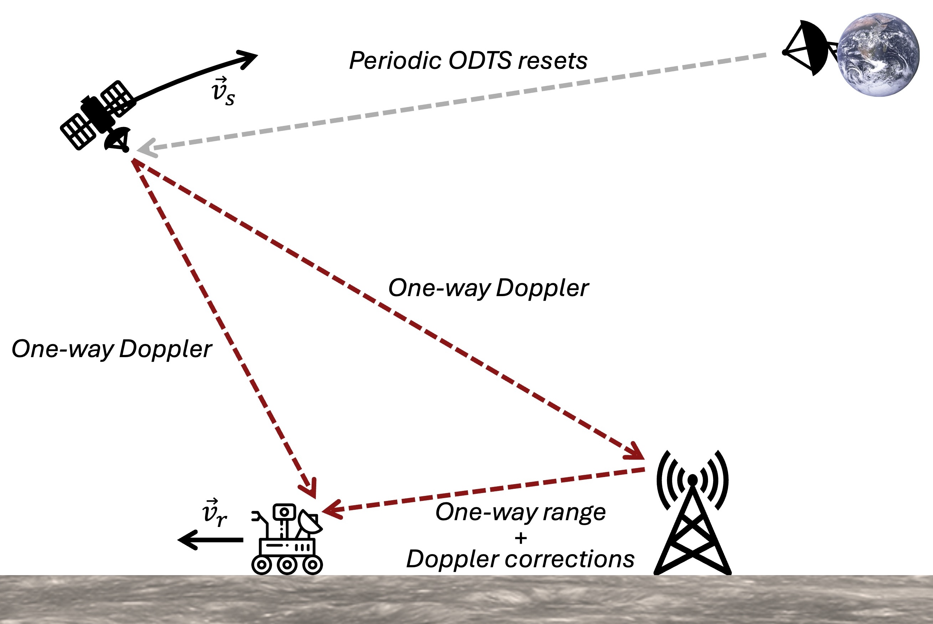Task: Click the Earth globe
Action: [x=878, y=55]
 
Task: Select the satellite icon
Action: [x=97, y=115]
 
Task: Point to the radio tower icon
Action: [x=692, y=513]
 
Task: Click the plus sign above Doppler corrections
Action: [x=521, y=538]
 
